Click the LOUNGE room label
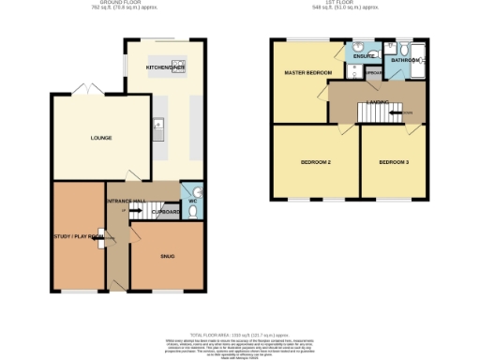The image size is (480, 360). (101, 138)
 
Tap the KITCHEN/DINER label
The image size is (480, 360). (165, 68)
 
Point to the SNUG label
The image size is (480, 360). (166, 255)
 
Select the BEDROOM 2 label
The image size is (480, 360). (317, 162)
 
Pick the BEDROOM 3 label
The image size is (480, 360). (394, 162)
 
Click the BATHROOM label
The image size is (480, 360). (406, 60)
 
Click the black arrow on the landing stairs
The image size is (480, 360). (407, 112)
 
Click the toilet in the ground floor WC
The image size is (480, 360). (192, 212)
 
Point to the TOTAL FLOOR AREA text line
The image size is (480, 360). (239, 333)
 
